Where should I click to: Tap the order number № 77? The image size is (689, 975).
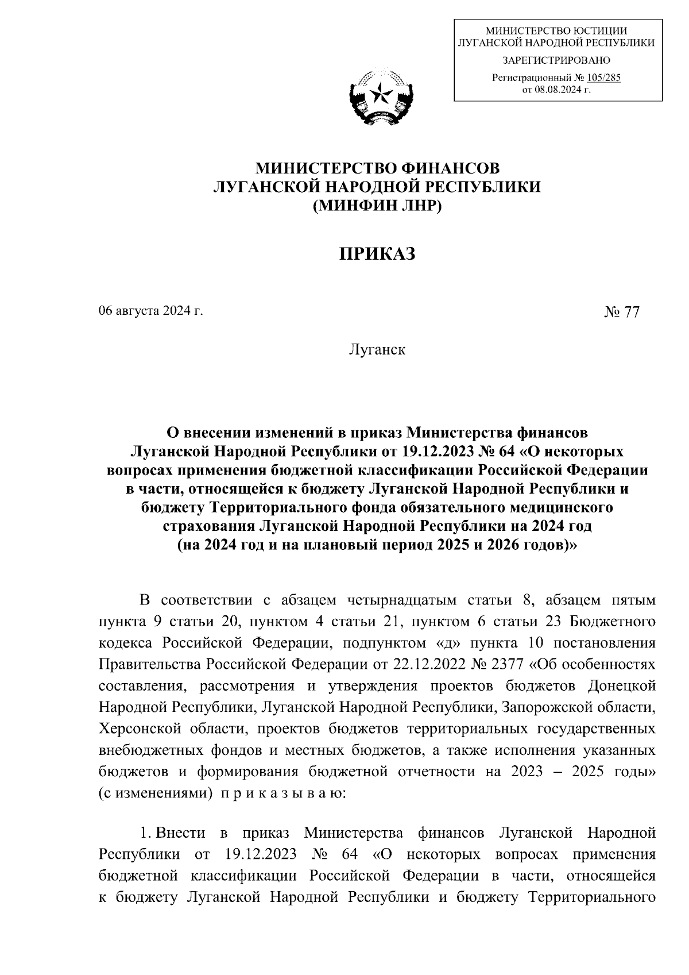point(621,312)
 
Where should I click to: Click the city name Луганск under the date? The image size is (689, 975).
point(377,349)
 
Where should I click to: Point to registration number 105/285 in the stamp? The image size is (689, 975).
point(600,79)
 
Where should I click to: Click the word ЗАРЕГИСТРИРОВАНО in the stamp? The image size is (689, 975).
point(556,60)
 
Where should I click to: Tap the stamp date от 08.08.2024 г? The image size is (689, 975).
point(556,90)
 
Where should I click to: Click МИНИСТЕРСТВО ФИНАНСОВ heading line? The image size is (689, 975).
point(377,168)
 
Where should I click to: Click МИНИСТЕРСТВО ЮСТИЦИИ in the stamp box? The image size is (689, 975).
point(556,31)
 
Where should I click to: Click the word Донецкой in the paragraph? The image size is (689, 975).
point(623,686)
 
